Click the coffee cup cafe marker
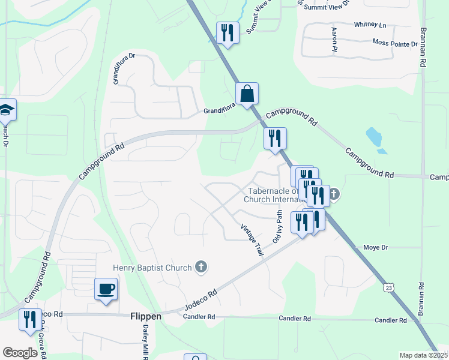[x=106, y=289]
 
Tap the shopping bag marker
[x=247, y=94]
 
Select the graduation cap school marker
[x=6, y=110]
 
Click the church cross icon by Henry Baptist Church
[x=201, y=267]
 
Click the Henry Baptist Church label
[x=152, y=268]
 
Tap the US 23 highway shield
[x=390, y=289]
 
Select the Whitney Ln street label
[x=370, y=25]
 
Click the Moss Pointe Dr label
[x=394, y=44]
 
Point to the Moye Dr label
[x=376, y=247]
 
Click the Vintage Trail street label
[x=252, y=240]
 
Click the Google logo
[x=20, y=353]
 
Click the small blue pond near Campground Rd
[x=373, y=138]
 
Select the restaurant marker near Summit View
[x=228, y=32]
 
